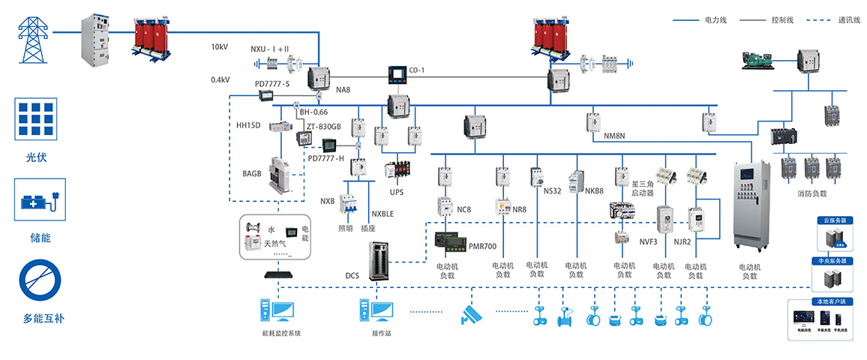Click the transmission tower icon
(x=31, y=37)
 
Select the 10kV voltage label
(x=220, y=47)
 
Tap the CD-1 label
(x=417, y=70)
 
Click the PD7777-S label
(x=272, y=83)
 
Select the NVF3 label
(x=648, y=241)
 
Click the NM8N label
(x=614, y=137)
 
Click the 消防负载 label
(x=812, y=193)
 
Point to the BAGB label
(x=251, y=173)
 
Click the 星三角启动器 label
(x=643, y=189)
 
